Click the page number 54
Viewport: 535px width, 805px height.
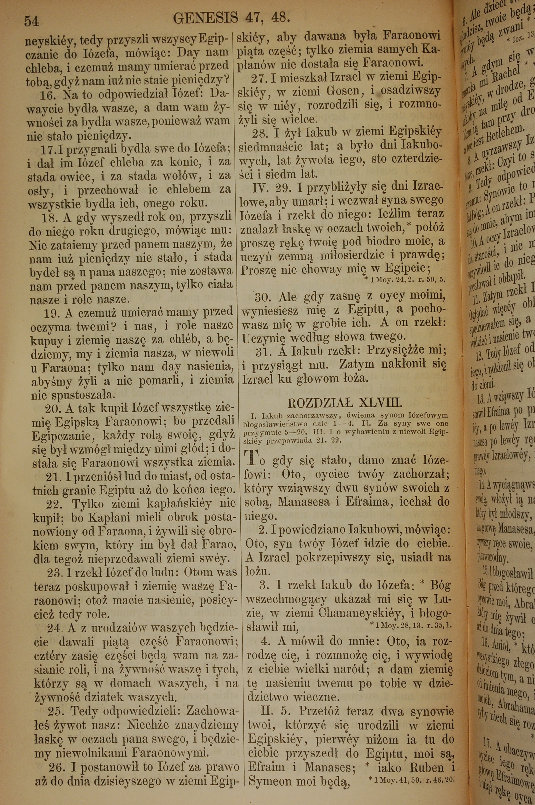click(31, 21)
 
